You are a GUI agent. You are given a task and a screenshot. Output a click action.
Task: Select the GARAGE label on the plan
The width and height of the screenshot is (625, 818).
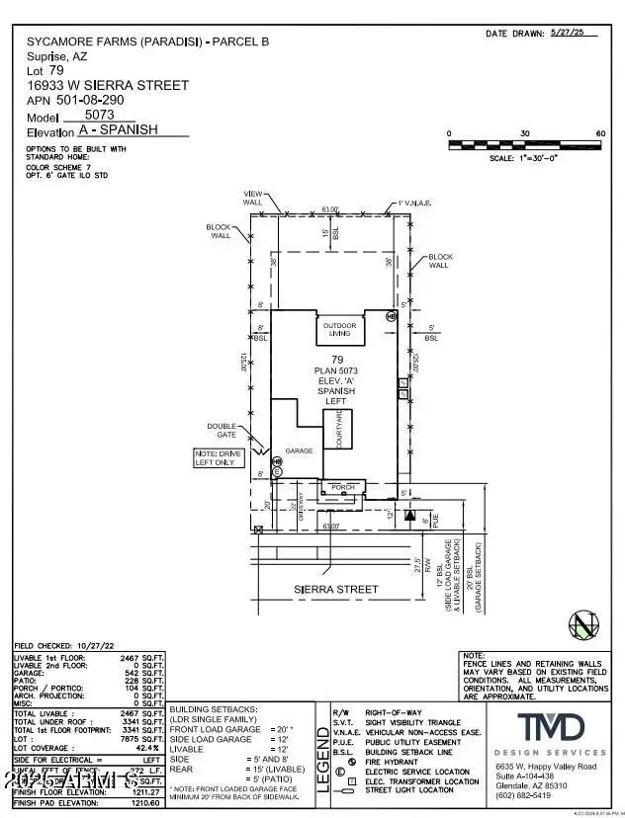[x=299, y=450]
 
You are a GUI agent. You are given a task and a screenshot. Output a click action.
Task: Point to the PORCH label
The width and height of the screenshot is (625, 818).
[x=342, y=486]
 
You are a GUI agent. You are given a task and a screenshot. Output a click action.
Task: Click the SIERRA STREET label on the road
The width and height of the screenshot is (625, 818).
[x=337, y=590]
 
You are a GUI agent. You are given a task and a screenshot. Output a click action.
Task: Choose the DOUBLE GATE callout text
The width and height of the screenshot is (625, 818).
[x=221, y=432]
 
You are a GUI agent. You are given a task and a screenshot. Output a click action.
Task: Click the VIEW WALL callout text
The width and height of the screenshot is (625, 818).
[x=252, y=197]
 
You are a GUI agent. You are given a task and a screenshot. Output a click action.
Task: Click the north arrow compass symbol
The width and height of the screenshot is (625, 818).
[x=582, y=625]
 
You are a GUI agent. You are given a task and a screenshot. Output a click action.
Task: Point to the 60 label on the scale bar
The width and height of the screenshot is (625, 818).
[x=599, y=133]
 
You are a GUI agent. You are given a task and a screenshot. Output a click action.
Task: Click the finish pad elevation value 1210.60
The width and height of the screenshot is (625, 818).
[x=144, y=803]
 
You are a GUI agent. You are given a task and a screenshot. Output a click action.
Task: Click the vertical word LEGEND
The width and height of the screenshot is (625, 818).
[x=322, y=760]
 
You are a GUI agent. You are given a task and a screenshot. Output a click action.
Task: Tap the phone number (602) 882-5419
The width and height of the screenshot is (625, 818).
[x=525, y=794]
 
